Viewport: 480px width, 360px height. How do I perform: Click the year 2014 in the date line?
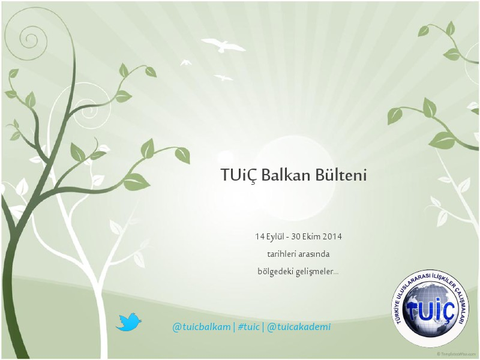(x=332, y=236)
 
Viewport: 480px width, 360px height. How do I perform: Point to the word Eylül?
(x=275, y=237)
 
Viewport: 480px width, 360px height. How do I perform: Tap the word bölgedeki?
(x=271, y=271)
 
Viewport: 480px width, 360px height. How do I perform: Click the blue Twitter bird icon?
(x=128, y=322)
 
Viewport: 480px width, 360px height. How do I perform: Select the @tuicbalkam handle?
(x=201, y=327)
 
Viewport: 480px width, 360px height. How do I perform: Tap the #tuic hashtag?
(x=248, y=327)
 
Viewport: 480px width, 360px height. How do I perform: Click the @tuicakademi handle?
(x=299, y=327)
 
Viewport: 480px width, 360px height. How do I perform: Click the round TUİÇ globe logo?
(x=430, y=309)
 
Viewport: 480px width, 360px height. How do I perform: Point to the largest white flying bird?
(x=223, y=45)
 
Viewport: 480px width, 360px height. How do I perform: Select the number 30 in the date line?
(x=296, y=236)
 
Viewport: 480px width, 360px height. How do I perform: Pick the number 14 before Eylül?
(x=260, y=236)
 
